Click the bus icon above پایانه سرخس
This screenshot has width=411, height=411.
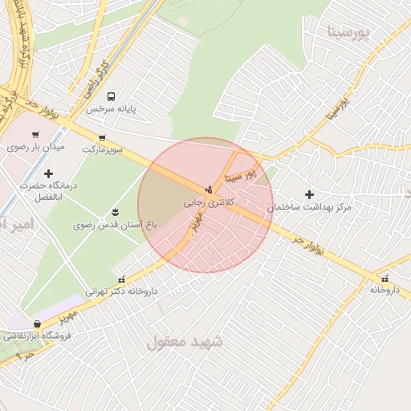coord(111,96)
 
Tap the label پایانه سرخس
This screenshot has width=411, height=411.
coord(112,108)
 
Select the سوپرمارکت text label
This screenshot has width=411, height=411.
coord(102,149)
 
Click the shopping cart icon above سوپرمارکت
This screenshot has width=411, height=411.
coord(102,137)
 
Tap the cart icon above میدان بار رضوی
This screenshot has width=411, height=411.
coord(35,135)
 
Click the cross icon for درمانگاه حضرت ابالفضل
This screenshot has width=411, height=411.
coord(48,173)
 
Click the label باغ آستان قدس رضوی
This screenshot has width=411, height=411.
coord(107,226)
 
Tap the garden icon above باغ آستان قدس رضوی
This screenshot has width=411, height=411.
coord(116,212)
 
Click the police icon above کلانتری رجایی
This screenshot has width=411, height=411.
coord(210,190)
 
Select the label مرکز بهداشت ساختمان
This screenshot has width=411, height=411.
coord(310,207)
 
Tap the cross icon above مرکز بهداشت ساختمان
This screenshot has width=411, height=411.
coord(309,194)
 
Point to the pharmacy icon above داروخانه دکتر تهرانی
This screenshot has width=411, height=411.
coord(121,279)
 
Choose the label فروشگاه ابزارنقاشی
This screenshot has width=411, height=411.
coord(37,336)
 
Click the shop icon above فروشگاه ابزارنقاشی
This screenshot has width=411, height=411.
coord(37,324)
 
